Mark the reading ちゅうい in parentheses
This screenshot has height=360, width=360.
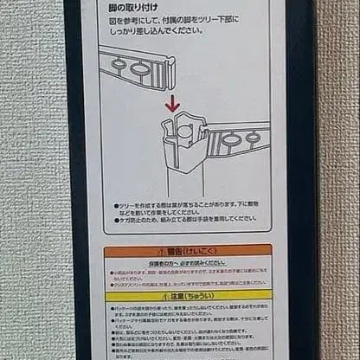point(205,294)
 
